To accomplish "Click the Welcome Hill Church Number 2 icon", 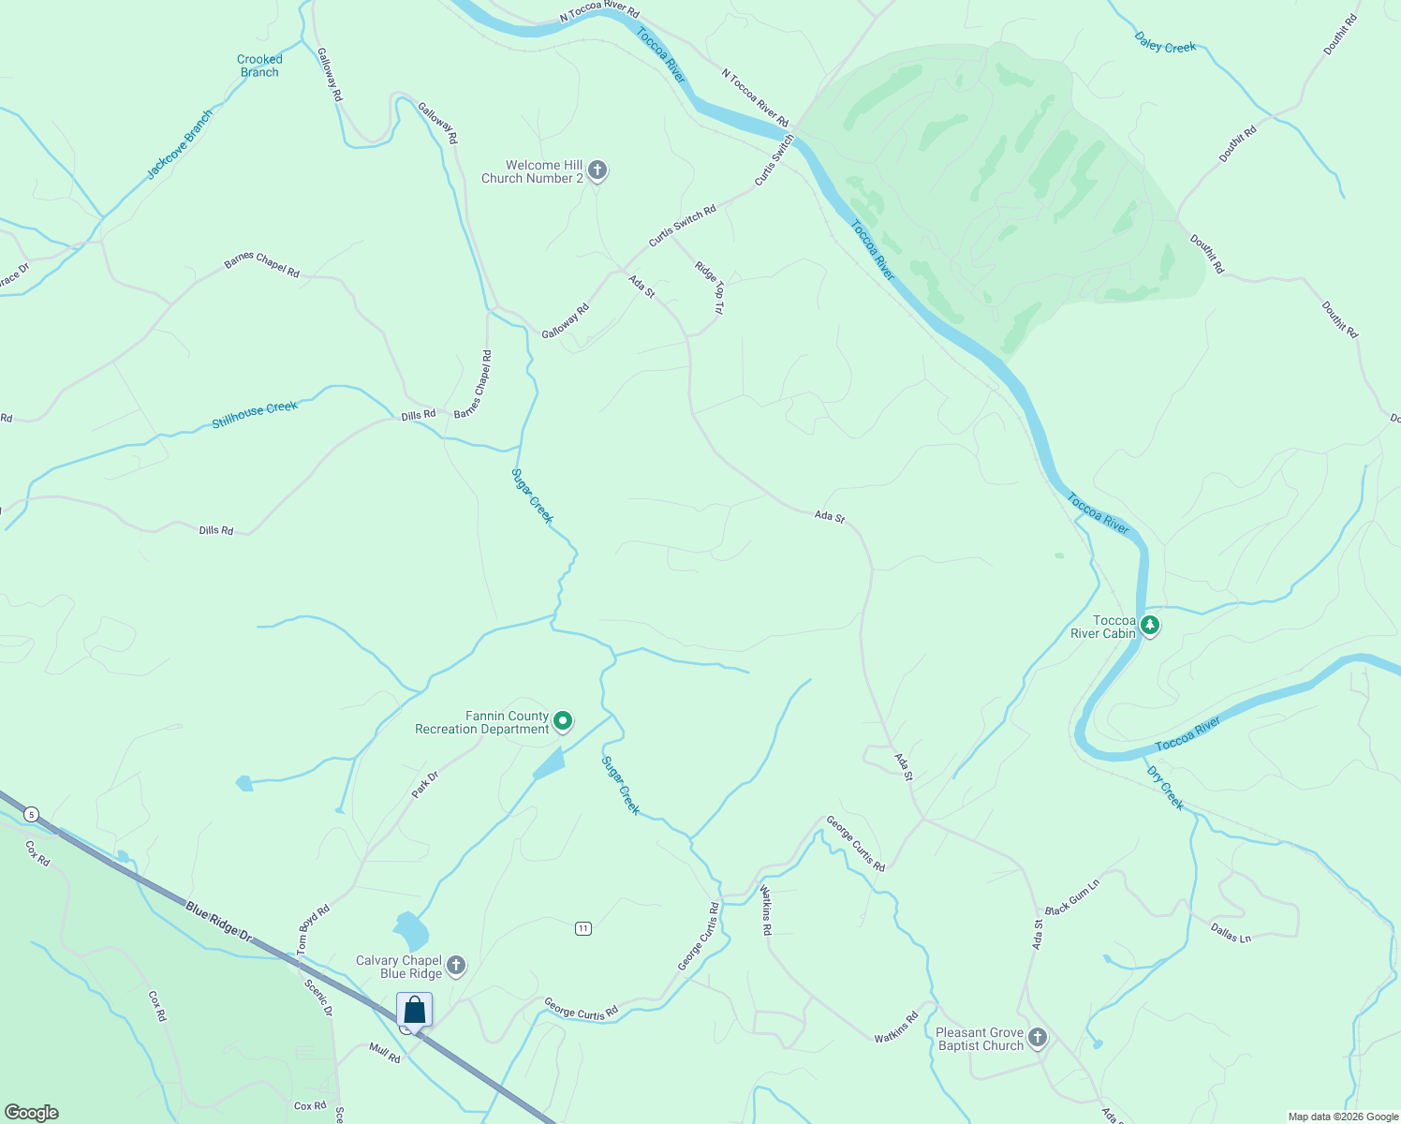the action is [x=597, y=170].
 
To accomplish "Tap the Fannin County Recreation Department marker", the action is [x=563, y=721].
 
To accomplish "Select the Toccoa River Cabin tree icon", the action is [x=1150, y=626].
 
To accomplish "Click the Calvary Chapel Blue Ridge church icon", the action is [x=456, y=966].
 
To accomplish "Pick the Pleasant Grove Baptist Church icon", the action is [x=1037, y=1038].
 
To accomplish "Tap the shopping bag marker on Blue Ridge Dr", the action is [x=414, y=1011].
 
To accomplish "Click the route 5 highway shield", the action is [x=32, y=814].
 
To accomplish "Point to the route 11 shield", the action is [x=583, y=928].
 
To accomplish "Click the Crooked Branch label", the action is [x=259, y=66].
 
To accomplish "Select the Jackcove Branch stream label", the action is [x=180, y=144].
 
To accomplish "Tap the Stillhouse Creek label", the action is [x=255, y=414].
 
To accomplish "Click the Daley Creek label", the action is [x=1165, y=42].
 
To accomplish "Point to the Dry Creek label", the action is [x=1165, y=788].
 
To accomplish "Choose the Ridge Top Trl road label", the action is [x=709, y=287].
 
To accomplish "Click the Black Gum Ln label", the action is [x=1072, y=897].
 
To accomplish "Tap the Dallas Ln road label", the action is [x=1231, y=933].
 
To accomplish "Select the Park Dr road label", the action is [x=424, y=785].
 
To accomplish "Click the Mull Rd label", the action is [x=384, y=1053].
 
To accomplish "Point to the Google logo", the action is [x=32, y=1113].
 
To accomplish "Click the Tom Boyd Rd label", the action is [x=314, y=929].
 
